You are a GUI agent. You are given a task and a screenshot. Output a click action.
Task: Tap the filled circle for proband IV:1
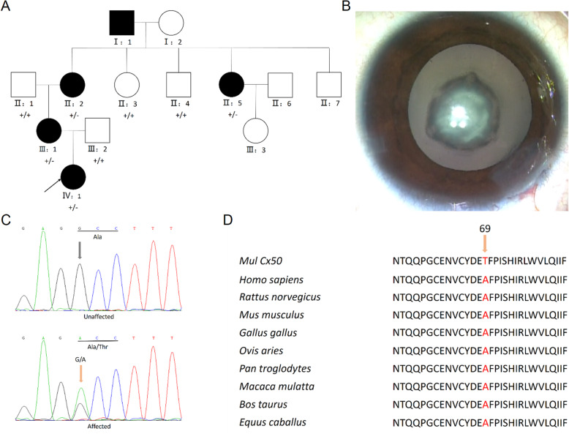75,176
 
